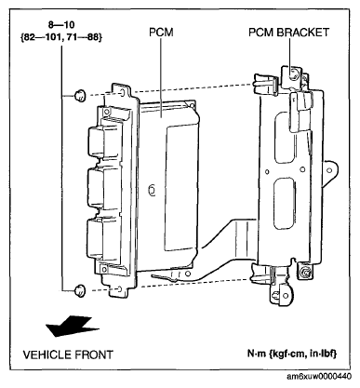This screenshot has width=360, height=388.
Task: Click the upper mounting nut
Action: [x=80, y=95]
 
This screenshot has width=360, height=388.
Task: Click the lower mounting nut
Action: [x=80, y=290]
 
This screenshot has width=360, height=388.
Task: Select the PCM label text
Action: [x=161, y=33]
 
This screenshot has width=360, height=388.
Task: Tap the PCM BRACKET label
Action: [x=288, y=33]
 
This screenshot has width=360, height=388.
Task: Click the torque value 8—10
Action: [x=61, y=24]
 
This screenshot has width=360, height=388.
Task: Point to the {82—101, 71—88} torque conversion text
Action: [x=61, y=37]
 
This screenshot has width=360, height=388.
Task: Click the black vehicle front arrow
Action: [x=73, y=326]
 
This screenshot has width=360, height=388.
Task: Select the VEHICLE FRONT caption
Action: [x=68, y=355]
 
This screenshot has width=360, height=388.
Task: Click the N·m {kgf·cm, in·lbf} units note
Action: [x=292, y=354]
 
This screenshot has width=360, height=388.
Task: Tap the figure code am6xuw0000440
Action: [x=319, y=377]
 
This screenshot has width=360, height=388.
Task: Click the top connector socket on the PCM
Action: [x=102, y=141]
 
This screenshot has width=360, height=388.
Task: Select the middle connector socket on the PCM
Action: [x=102, y=188]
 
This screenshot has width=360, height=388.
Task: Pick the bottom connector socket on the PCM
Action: [x=102, y=238]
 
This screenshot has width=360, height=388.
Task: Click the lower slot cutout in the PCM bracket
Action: [x=285, y=204]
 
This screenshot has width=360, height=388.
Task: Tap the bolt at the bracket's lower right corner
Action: [x=305, y=272]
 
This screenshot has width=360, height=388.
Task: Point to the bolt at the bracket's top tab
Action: [x=293, y=74]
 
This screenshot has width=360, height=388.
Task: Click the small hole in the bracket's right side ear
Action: [x=329, y=170]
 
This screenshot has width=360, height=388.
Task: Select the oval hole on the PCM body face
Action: [x=152, y=190]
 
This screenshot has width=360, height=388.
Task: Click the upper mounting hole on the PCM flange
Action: [x=122, y=92]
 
